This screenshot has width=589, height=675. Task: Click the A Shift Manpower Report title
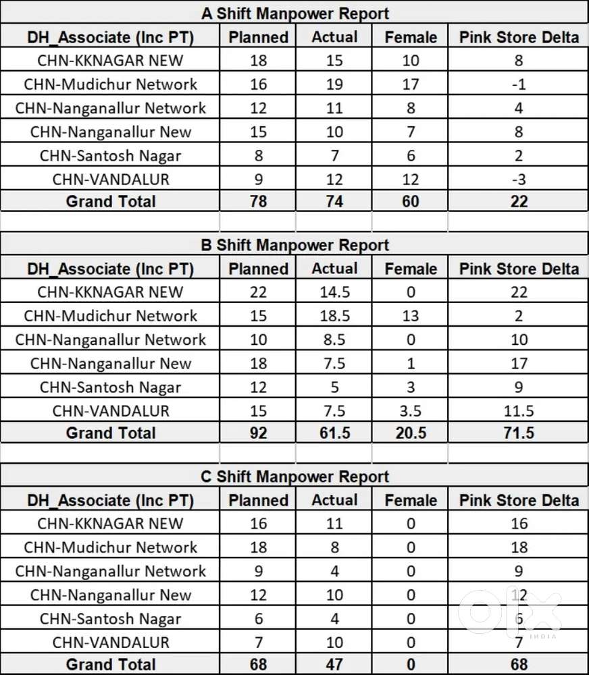click(295, 13)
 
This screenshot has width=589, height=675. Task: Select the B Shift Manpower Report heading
click(295, 244)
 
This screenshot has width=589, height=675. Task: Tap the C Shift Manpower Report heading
click(295, 477)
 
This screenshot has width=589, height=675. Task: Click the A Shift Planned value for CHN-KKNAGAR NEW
click(258, 60)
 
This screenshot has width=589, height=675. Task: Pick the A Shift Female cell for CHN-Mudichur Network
click(411, 84)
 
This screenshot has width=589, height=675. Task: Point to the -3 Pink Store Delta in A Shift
click(519, 180)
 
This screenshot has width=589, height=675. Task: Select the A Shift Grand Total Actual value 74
click(334, 201)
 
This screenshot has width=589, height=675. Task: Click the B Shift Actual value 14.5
click(334, 292)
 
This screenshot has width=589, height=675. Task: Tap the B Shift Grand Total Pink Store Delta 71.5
click(519, 433)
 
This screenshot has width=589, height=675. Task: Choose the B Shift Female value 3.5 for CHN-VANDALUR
click(411, 411)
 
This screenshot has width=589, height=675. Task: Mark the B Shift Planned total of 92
click(258, 433)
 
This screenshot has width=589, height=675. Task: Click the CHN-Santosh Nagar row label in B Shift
click(111, 387)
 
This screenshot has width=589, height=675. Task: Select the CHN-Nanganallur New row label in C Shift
click(111, 595)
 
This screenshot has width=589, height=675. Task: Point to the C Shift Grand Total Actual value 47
click(334, 664)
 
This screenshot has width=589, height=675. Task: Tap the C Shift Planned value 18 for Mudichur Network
click(258, 547)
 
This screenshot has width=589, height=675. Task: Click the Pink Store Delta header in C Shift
click(519, 500)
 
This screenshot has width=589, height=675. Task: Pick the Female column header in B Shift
click(411, 269)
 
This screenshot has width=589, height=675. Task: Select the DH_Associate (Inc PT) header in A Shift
click(111, 36)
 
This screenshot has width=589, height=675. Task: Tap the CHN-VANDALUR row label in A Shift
click(111, 180)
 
